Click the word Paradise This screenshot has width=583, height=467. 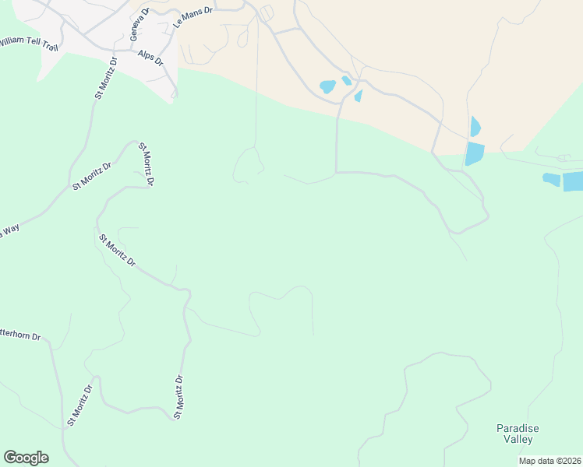518,428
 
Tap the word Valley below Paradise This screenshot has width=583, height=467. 518,440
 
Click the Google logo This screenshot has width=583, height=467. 26,458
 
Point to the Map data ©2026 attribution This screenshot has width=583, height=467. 550,461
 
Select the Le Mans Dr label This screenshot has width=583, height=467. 193,19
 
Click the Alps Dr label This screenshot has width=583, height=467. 150,58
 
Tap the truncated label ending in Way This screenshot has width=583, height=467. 9,231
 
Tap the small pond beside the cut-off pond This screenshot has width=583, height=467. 551,180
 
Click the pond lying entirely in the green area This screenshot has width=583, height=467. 474,153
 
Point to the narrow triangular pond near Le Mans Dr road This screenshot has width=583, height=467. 359,96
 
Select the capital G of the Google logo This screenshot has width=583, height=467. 9,458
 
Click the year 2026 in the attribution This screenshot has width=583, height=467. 570,461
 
